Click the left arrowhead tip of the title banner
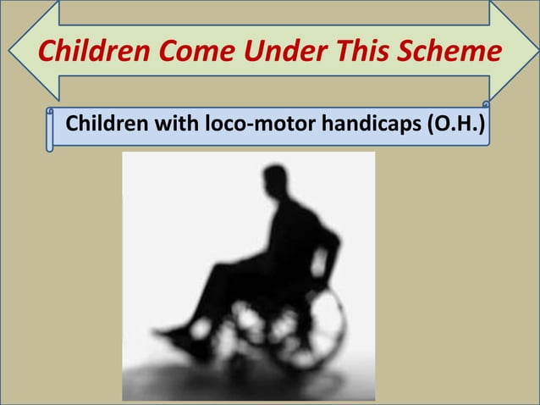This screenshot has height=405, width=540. (x=12, y=51)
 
